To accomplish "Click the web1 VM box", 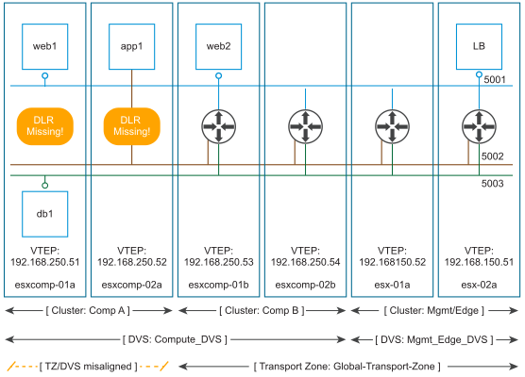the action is (x=45, y=47).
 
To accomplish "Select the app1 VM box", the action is (x=131, y=47).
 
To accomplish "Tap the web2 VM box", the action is (x=219, y=47).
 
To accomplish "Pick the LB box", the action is (x=479, y=47).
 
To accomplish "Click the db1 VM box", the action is (x=45, y=214).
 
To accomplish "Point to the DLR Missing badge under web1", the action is (x=45, y=126).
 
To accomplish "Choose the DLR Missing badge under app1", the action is (x=132, y=126).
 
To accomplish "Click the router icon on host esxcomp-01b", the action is (x=219, y=126).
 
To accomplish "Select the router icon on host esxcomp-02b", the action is (x=305, y=126).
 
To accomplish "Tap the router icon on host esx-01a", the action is (x=392, y=126).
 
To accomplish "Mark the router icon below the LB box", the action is (x=479, y=126).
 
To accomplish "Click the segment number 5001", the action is (x=495, y=79).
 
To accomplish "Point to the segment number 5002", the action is (x=493, y=156).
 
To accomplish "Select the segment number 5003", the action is (x=493, y=184).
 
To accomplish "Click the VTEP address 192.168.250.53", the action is (x=219, y=262).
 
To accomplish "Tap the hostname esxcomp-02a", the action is (x=131, y=285).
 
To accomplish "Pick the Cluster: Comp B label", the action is (x=262, y=310).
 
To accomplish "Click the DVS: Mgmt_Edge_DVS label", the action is (x=434, y=339).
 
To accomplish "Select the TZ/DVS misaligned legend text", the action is (x=89, y=367).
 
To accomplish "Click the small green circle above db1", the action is (x=45, y=185).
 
